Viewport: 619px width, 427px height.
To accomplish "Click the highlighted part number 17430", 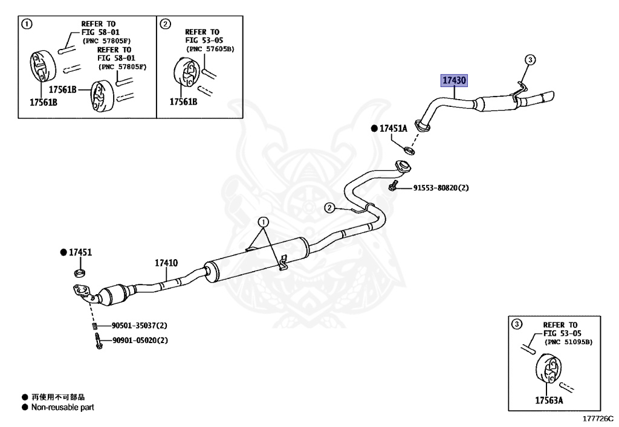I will pos(455,80).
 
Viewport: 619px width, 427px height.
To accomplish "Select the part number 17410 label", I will pos(166,263).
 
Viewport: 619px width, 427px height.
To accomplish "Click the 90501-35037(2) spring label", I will pos(139,326).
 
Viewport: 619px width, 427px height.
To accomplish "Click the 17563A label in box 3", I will pos(549,400).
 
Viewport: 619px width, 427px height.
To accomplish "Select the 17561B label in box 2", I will pos(183,101).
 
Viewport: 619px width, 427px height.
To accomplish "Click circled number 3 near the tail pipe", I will pos(530,59).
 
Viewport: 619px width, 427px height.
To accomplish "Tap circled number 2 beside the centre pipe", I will pos(329,208).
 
